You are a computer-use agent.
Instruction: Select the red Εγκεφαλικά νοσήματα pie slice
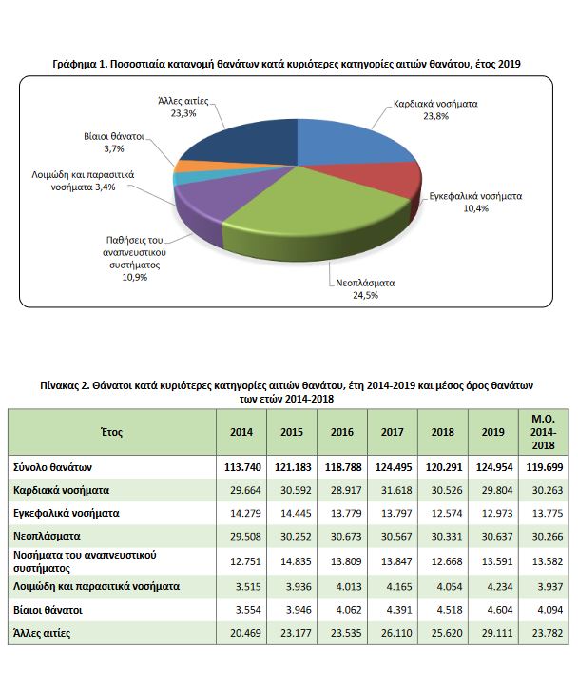[x=395, y=181]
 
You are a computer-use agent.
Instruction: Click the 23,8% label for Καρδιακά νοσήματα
[x=435, y=116]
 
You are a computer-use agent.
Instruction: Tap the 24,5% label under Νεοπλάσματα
[x=365, y=295]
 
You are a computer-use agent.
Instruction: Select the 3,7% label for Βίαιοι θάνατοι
[x=114, y=148]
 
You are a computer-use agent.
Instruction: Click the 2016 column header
[x=342, y=432]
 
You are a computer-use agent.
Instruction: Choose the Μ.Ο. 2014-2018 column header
[x=544, y=432]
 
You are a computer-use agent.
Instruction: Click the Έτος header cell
[x=111, y=432]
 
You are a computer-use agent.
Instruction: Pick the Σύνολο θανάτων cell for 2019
[x=493, y=467]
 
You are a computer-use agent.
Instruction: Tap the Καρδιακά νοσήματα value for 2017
[x=396, y=490]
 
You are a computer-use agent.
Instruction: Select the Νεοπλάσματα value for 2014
[x=245, y=536]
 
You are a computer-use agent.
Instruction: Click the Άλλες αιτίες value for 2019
[x=497, y=633]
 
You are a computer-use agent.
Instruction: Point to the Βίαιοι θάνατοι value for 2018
[x=450, y=610]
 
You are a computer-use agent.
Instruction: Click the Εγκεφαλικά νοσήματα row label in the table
[x=67, y=513]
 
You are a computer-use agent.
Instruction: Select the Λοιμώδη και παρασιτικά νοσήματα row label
[x=96, y=586]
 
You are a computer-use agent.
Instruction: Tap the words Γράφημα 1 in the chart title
[x=80, y=64]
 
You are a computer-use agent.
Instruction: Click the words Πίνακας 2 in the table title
[x=64, y=385]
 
